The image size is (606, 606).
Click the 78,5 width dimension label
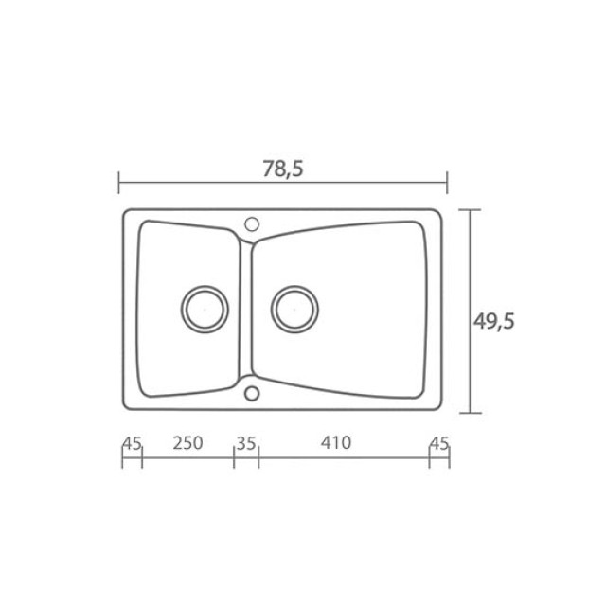pyautogui.click(x=283, y=169)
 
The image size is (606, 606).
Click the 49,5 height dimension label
pyautogui.click(x=494, y=321)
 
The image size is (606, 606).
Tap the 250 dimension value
pyautogui.click(x=187, y=443)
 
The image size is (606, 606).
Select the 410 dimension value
pyautogui.click(x=336, y=442)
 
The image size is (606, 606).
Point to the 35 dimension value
pyautogui.click(x=246, y=444)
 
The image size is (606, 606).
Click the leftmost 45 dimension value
pyautogui.click(x=133, y=444)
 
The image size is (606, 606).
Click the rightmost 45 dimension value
pyautogui.click(x=439, y=444)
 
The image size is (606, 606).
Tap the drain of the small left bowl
pyautogui.click(x=205, y=310)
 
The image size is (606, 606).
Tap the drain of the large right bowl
pyautogui.click(x=294, y=310)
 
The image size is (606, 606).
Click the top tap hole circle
pyautogui.click(x=252, y=223)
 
